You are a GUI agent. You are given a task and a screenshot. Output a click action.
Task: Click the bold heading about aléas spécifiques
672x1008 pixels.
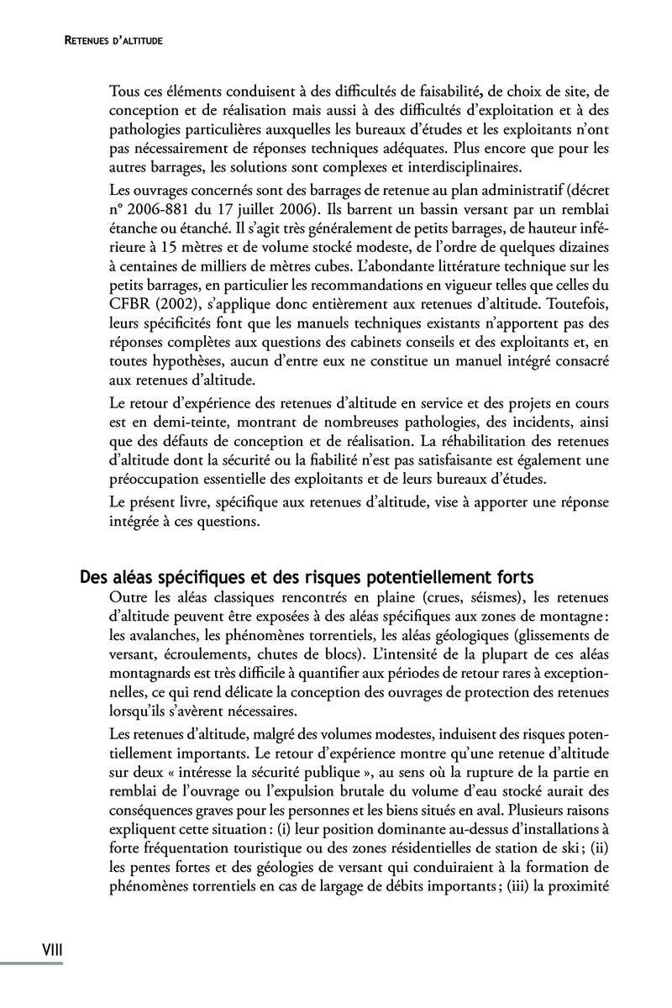click(x=306, y=578)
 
